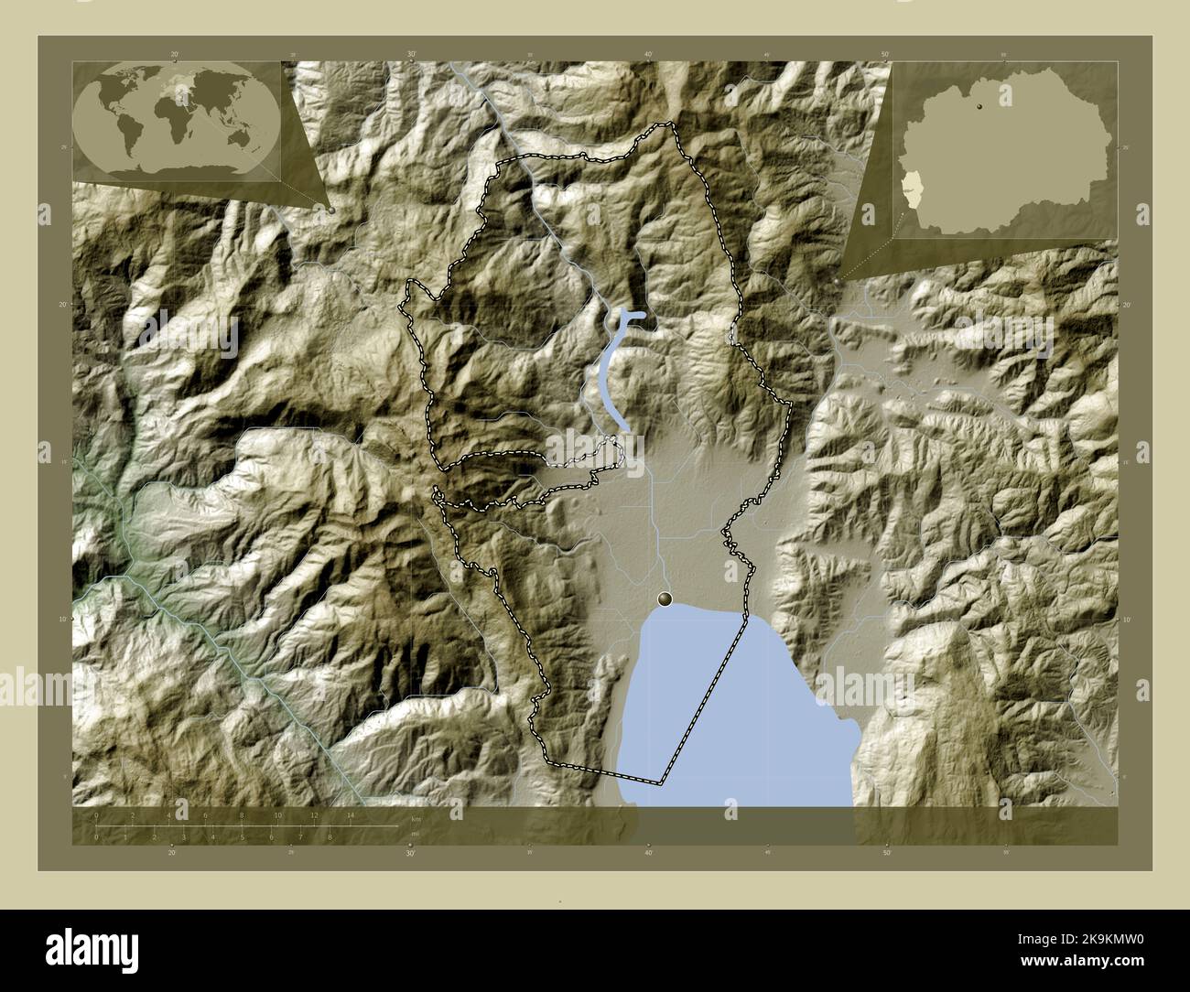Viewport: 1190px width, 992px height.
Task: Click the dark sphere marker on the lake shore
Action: coord(665,598)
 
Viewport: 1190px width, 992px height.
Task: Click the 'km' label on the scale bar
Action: coord(415,817)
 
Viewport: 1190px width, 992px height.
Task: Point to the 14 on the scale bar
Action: coord(350,815)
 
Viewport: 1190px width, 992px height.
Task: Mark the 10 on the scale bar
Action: coord(277,815)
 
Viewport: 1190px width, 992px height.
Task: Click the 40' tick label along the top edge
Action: coord(648,54)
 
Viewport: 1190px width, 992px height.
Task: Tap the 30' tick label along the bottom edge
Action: coord(410,853)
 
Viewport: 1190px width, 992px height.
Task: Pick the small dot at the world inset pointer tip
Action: coord(331,210)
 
